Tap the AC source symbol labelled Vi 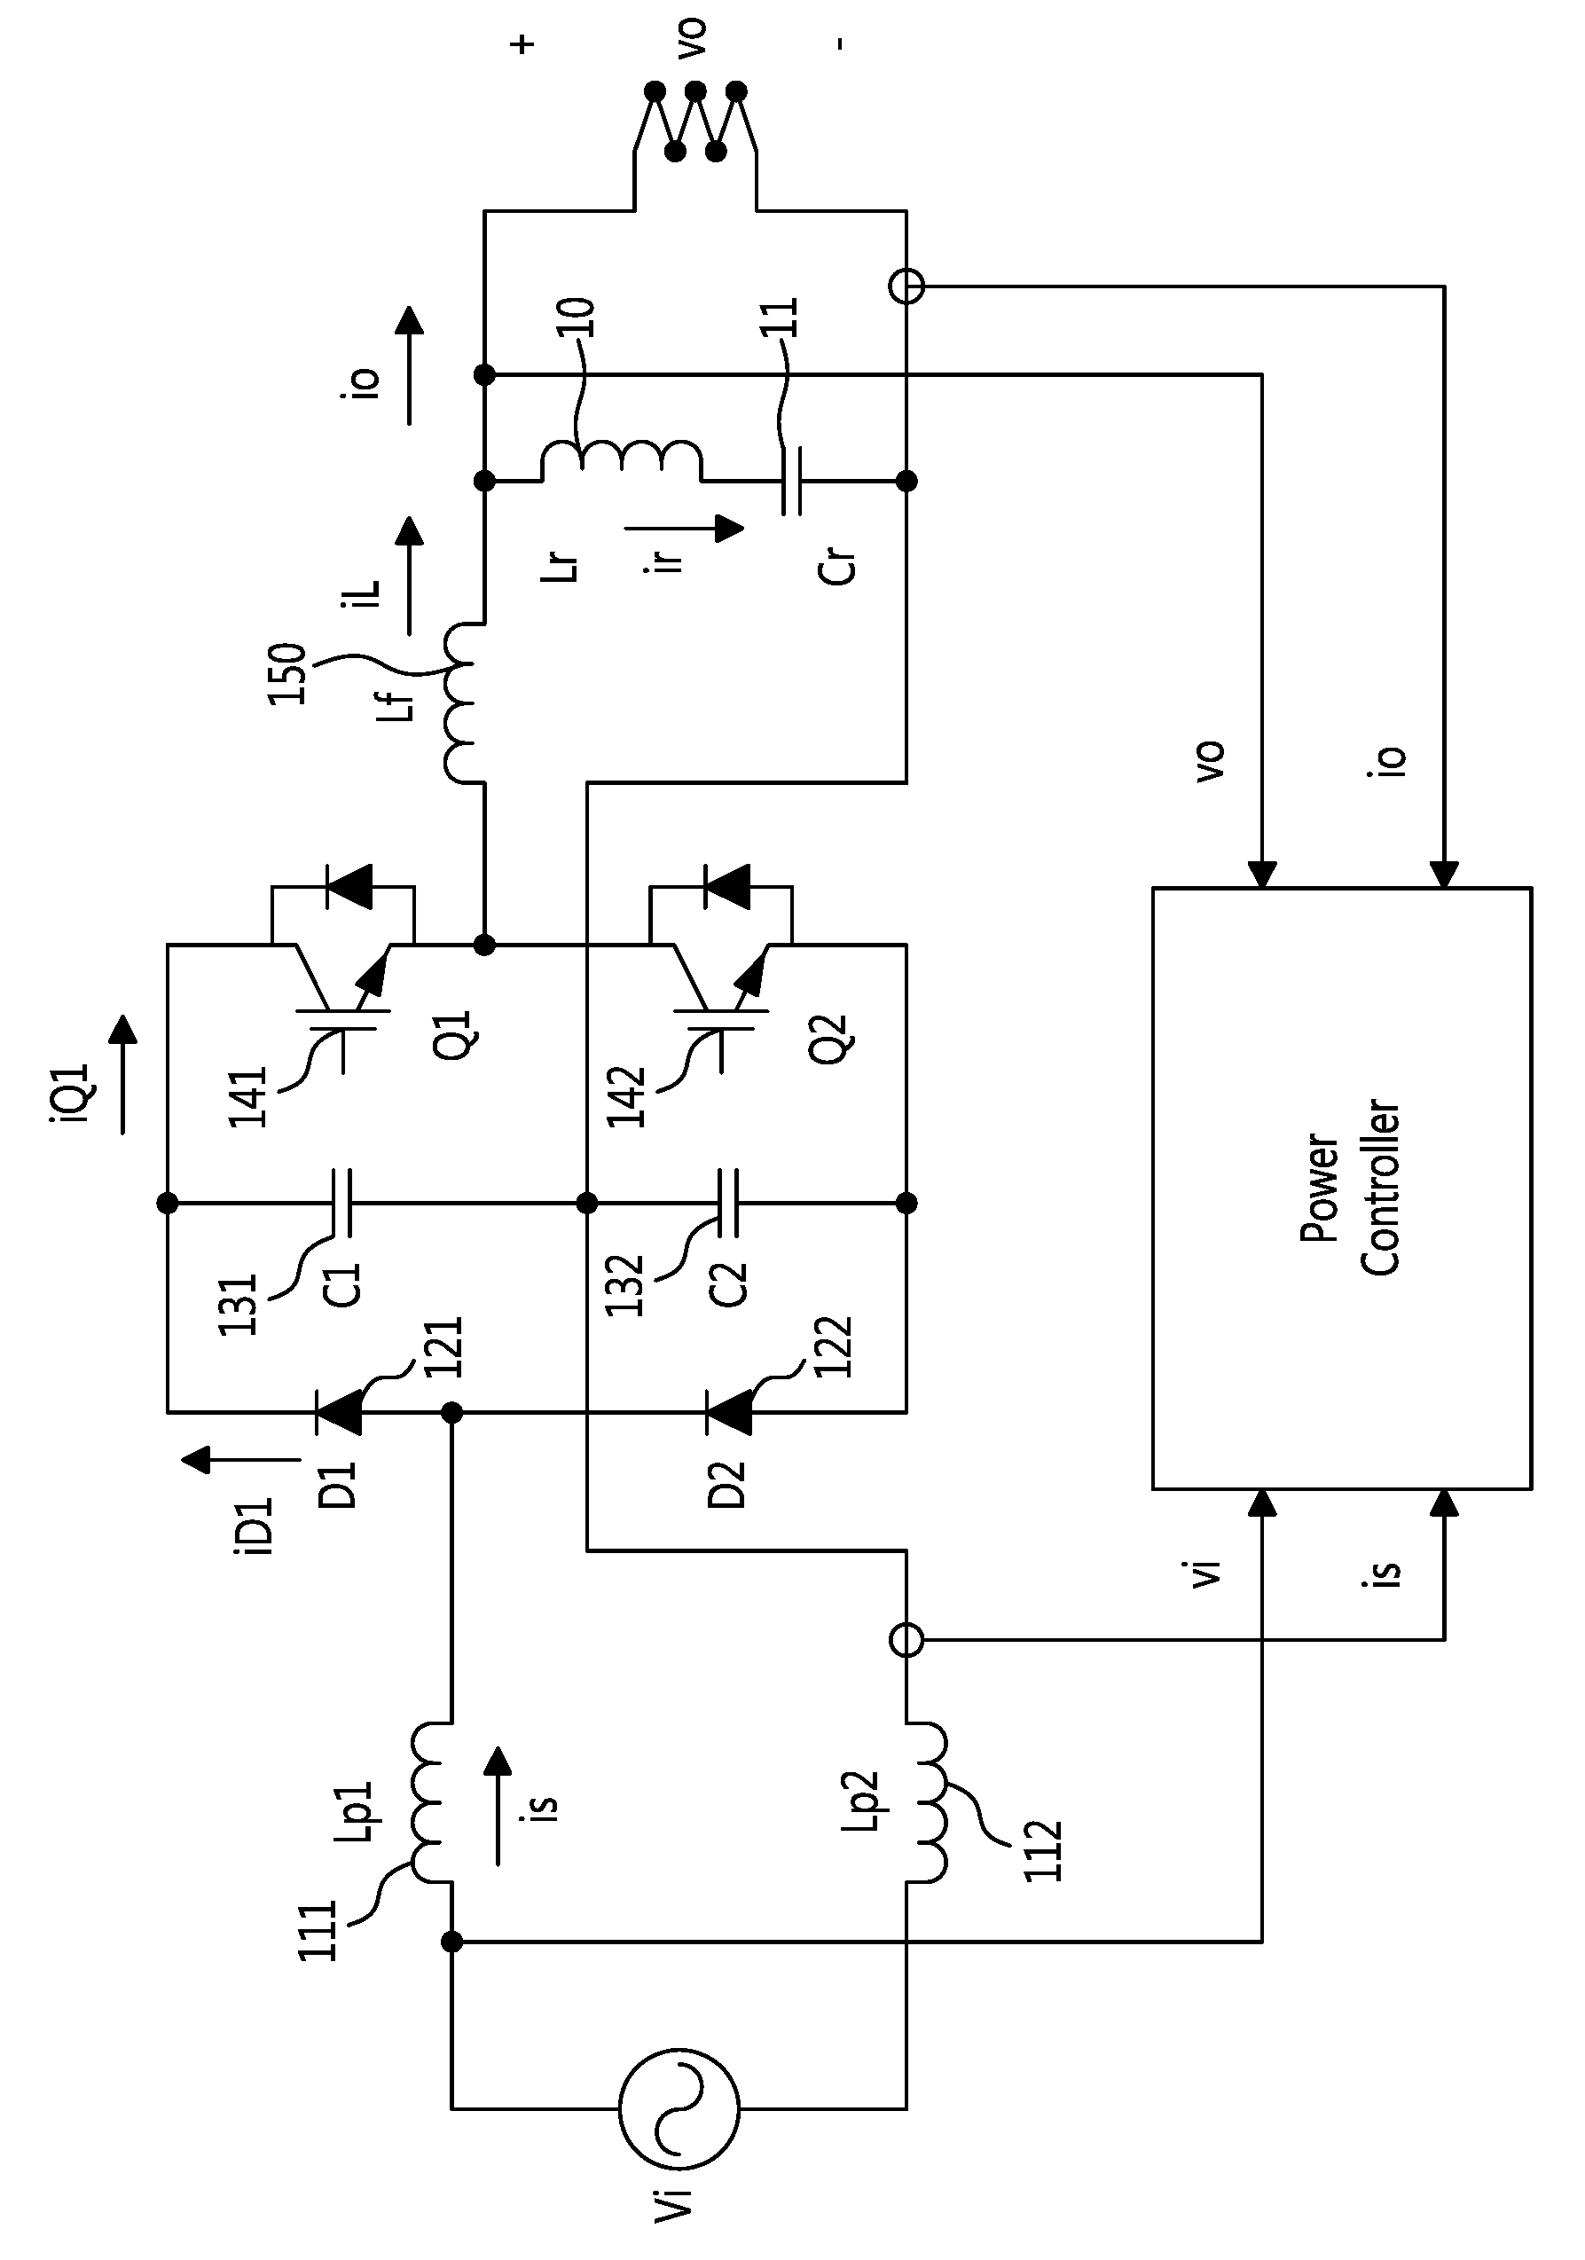point(679,2136)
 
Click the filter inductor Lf point(463,702)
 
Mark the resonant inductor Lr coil point(620,460)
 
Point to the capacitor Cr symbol point(791,482)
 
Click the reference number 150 point(286,673)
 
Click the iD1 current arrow point(241,1459)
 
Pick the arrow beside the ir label point(684,529)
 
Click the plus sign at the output point(522,44)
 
